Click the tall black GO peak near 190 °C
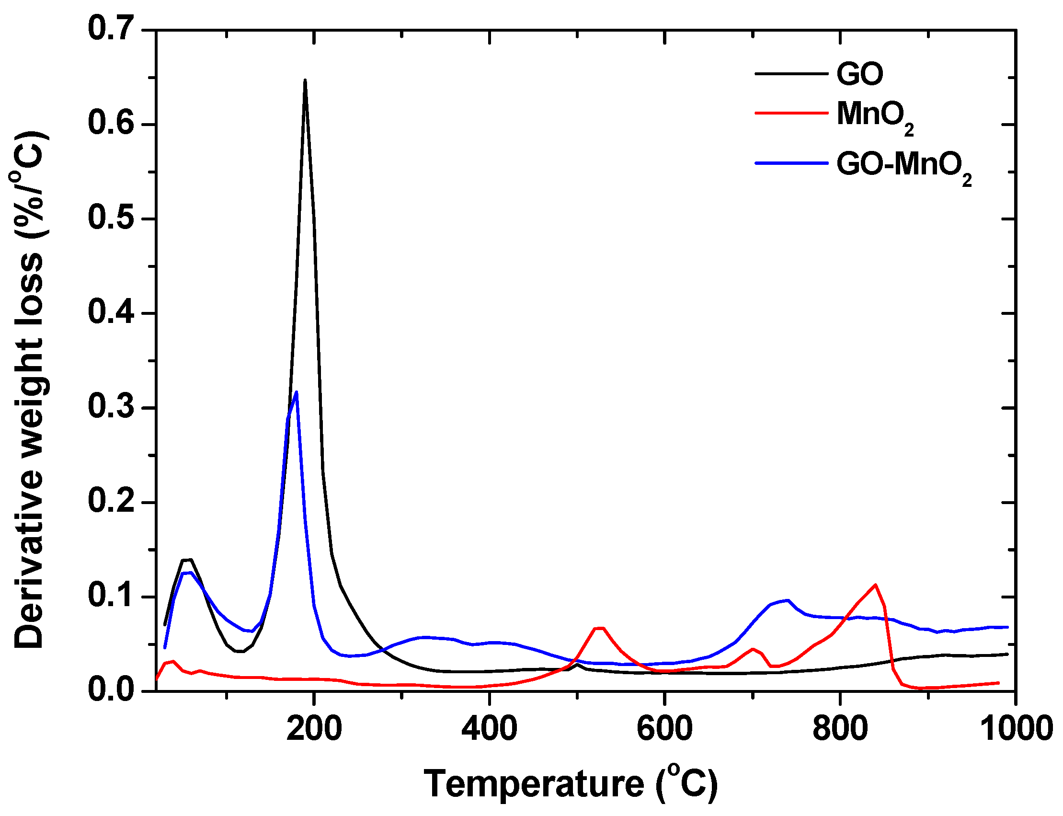coord(305,81)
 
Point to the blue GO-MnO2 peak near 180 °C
coord(296,392)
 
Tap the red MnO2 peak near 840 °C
coord(875,585)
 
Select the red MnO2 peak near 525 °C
coord(599,629)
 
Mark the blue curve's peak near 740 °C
coord(788,600)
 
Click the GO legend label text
coord(859,74)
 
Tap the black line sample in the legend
coord(791,74)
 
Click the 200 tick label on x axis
coord(314,729)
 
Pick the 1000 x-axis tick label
coord(1015,729)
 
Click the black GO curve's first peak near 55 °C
coord(187,560)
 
